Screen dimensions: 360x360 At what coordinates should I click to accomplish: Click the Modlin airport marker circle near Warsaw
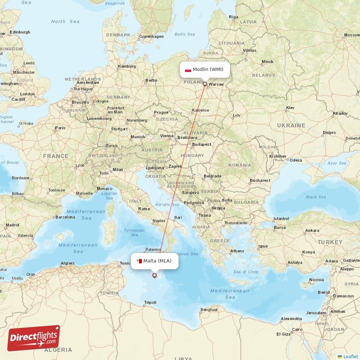pos(205,84)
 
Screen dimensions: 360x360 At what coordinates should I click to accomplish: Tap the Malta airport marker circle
pos(155,275)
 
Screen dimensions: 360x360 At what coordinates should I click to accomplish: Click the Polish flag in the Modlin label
pos(188,70)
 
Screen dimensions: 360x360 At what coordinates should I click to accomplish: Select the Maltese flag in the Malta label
pos(139,261)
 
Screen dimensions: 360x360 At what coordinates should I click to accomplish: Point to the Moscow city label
pos(351,35)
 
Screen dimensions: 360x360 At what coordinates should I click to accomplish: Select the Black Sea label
pos(316,197)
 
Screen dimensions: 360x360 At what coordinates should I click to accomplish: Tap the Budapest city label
pos(201,144)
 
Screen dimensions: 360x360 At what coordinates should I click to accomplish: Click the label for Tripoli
pos(150,302)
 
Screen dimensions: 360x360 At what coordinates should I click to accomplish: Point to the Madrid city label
pos(12,225)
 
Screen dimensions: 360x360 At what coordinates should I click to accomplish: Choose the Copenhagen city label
pos(151,36)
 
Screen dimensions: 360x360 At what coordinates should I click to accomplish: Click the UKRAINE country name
pos(291,126)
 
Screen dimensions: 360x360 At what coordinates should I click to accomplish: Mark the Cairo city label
pos(297,329)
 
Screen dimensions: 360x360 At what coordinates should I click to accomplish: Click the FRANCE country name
pos(56,156)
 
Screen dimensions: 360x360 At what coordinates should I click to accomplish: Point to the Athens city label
pos(237,251)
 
